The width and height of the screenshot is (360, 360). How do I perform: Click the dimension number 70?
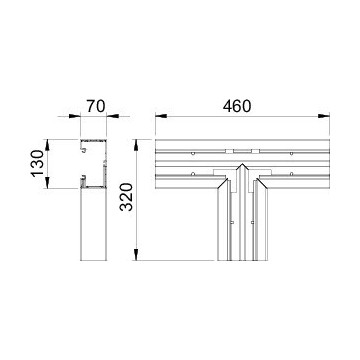click(96, 106)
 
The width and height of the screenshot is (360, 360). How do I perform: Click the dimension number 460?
click(237, 106)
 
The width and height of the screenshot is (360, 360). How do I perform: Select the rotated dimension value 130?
click(37, 164)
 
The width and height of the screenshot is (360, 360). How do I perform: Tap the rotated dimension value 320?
click(126, 197)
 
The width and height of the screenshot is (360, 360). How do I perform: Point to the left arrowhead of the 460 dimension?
click(161, 116)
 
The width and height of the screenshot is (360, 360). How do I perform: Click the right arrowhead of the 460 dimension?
click(324, 116)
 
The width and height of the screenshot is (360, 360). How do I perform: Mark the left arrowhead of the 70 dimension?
click(75, 116)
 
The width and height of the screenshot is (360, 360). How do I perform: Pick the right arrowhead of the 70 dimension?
click(112, 116)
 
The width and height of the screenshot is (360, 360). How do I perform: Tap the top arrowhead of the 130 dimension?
click(47, 145)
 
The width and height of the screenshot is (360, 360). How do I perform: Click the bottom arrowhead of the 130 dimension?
click(47, 183)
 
